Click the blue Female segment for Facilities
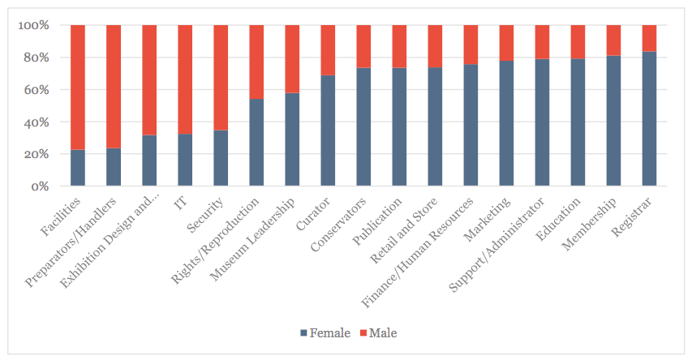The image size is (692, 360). pyautogui.click(x=78, y=168)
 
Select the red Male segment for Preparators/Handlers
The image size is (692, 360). pyautogui.click(x=114, y=87)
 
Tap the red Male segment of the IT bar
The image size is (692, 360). pyautogui.click(x=185, y=79)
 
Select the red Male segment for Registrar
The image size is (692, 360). pyautogui.click(x=649, y=38)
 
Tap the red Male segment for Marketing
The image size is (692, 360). pyautogui.click(x=506, y=43)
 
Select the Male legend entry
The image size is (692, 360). pyautogui.click(x=378, y=333)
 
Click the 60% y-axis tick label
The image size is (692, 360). pyautogui.click(x=36, y=90)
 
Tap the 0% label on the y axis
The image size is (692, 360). pyautogui.click(x=39, y=186)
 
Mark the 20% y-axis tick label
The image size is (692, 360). pyautogui.click(x=36, y=154)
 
